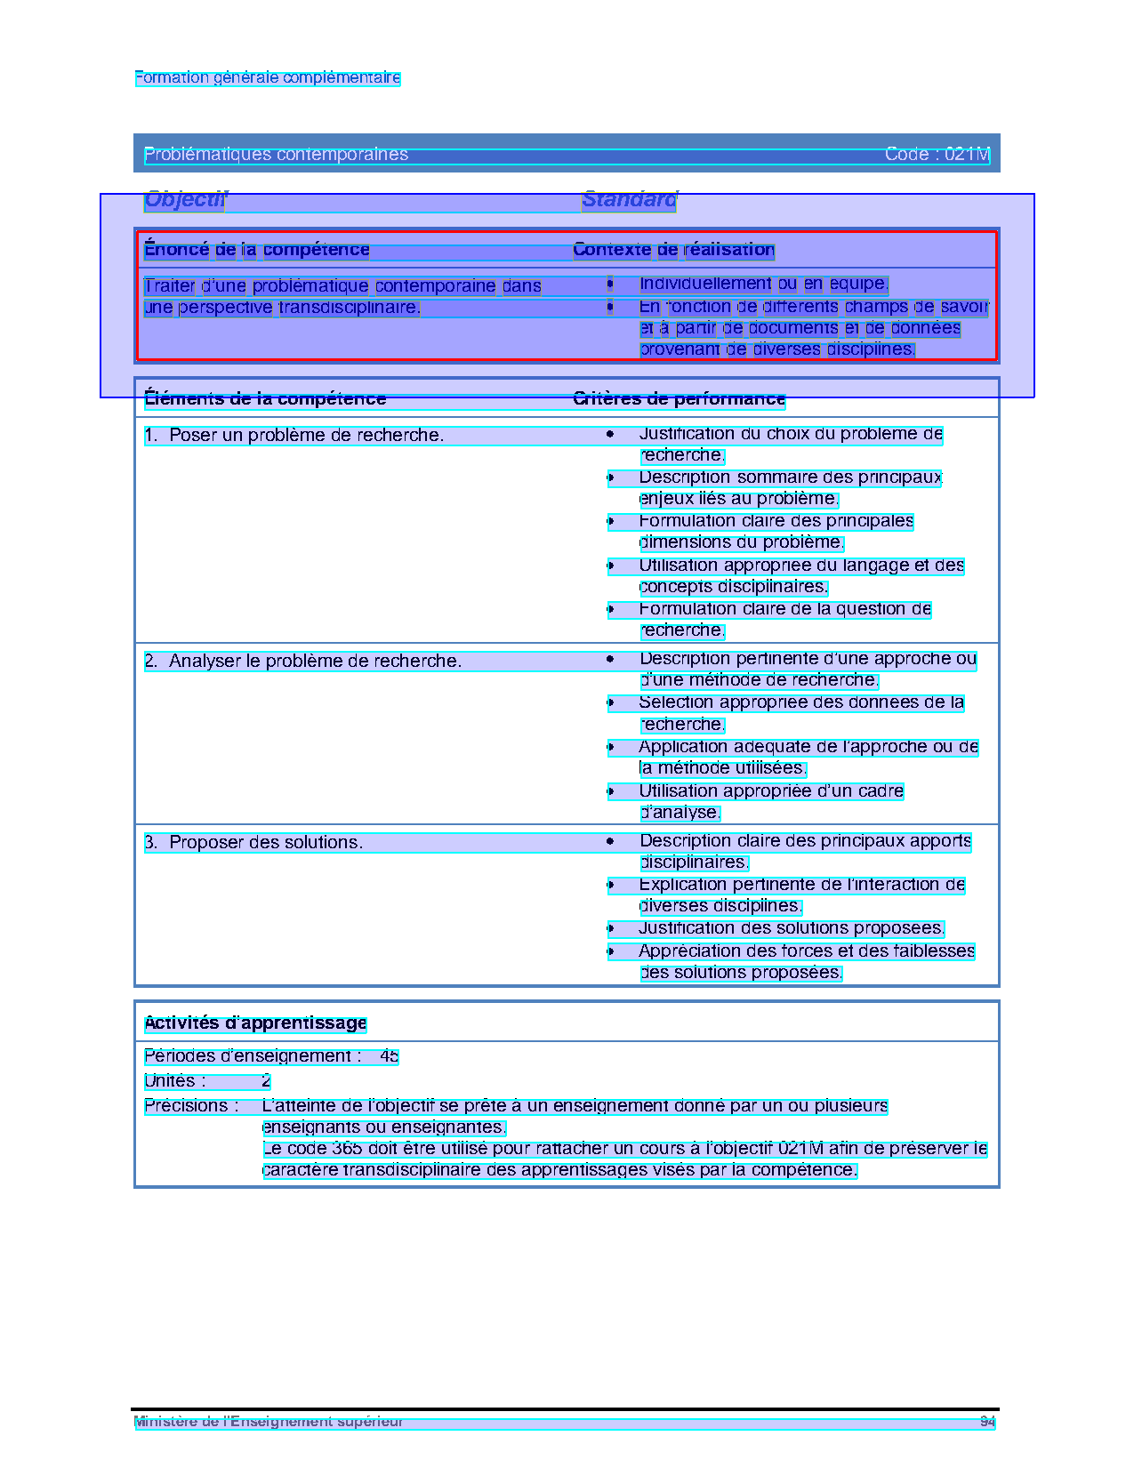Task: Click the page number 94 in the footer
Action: tap(987, 1421)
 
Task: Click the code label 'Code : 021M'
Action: tap(937, 155)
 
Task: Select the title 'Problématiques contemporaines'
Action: tap(276, 155)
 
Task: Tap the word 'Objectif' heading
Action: tap(185, 200)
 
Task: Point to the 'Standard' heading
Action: tap(629, 200)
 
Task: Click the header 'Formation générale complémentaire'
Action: tap(267, 78)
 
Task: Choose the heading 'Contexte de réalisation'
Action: tap(673, 250)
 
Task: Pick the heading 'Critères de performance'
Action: tap(679, 399)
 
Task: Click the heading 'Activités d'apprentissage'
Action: tap(255, 1023)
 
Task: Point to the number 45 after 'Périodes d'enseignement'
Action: tap(389, 1056)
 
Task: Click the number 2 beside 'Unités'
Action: tap(266, 1081)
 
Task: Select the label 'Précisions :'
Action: tap(191, 1106)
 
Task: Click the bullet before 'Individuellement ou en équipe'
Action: tap(610, 285)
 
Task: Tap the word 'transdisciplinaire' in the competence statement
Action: tap(348, 308)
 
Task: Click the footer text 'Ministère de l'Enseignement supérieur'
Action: tap(269, 1421)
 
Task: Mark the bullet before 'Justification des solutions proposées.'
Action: tap(611, 929)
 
